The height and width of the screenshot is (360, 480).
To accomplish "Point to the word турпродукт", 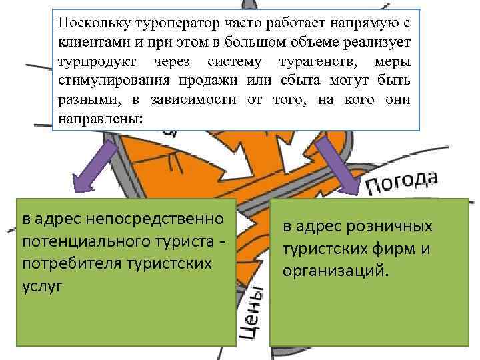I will pyautogui.click(x=91, y=62).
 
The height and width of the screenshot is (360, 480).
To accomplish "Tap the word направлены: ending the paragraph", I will pyautogui.click(x=100, y=119).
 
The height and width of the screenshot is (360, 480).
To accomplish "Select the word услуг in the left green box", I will pyautogui.click(x=41, y=285).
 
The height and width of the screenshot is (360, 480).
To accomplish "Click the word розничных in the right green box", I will pyautogui.click(x=393, y=227).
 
